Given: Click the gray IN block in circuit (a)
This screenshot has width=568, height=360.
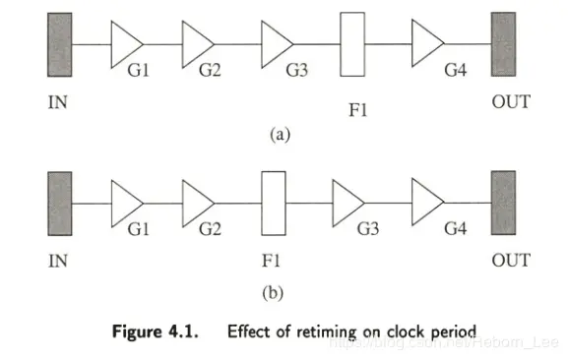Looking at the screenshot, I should (x=60, y=43).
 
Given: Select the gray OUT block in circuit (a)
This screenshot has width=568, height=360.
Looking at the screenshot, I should (x=504, y=43).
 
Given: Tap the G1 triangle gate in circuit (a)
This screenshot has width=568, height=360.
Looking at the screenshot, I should (x=125, y=43).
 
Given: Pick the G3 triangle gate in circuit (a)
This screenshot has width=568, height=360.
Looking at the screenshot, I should (x=276, y=43).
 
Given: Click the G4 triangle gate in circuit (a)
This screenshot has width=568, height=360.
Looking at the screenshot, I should (x=426, y=43).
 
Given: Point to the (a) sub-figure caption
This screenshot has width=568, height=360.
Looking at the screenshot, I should (x=278, y=135).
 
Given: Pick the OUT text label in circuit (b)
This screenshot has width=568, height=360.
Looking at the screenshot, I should (x=511, y=260).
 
